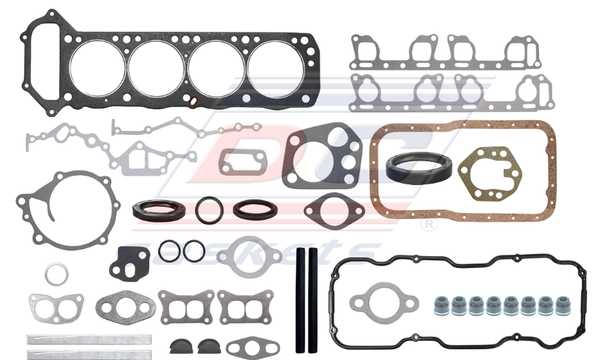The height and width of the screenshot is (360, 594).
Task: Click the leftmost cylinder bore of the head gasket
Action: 97,66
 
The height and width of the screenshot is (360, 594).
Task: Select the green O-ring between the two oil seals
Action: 208,210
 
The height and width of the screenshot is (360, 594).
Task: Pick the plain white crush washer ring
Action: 56,275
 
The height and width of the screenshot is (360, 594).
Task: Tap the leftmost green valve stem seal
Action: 441,305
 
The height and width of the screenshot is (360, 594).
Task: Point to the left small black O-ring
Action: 170,251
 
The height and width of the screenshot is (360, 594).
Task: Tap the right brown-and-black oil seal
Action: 254,209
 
